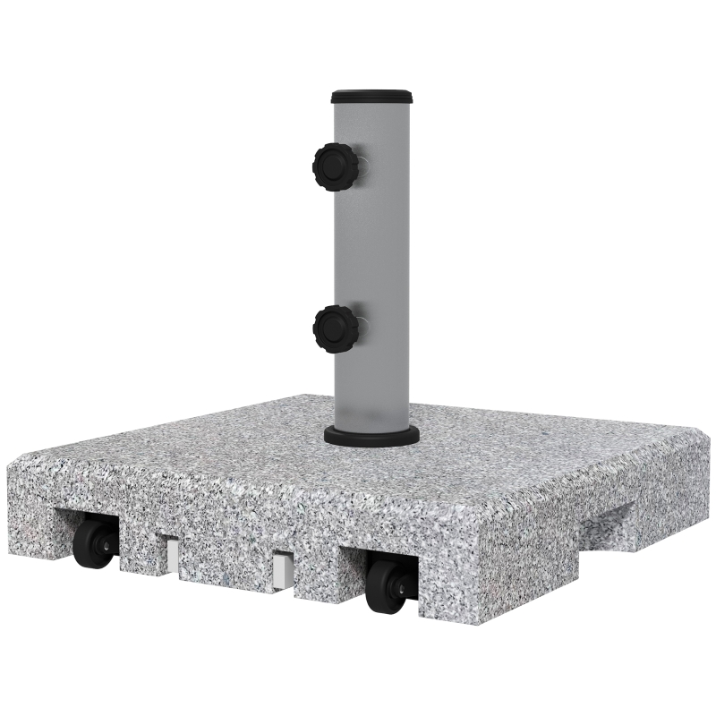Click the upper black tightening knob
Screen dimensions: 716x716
click(334, 165)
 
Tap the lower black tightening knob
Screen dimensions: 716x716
click(334, 328)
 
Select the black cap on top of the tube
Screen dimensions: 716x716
click(371, 96)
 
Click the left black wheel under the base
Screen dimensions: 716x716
click(93, 544)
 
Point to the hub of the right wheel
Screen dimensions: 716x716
click(399, 584)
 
